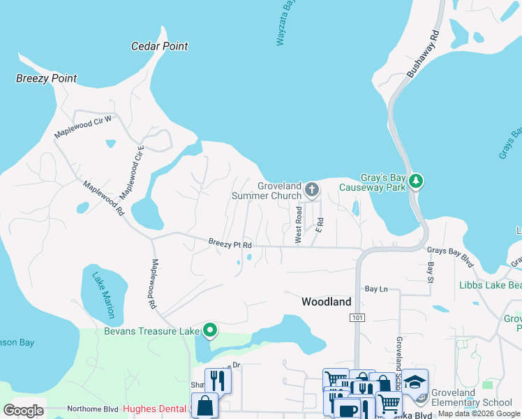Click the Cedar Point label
(x=160, y=46)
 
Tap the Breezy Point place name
(x=47, y=78)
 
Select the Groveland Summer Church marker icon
(x=312, y=189)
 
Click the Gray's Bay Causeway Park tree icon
(x=416, y=181)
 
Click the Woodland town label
(x=326, y=302)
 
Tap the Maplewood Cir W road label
(x=83, y=126)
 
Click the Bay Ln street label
(x=375, y=288)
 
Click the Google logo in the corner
(x=23, y=411)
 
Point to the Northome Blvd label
(x=93, y=409)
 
